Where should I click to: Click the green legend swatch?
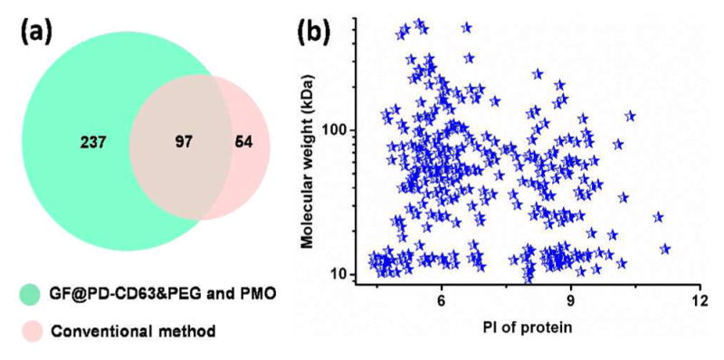click(33, 295)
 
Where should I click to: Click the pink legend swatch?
click(33, 330)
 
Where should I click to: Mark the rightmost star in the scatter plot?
click(665, 249)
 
